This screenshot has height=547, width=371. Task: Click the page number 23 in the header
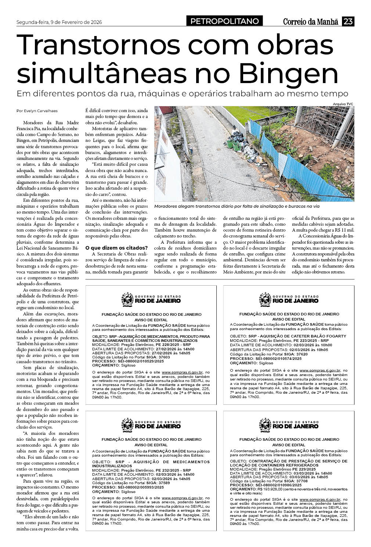[348, 22]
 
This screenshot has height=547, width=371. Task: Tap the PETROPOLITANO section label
[224, 22]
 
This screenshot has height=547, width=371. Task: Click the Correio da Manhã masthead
[310, 22]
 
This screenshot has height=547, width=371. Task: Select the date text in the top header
[59, 22]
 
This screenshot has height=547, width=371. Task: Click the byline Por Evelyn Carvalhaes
[37, 111]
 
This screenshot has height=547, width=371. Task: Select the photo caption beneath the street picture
[237, 207]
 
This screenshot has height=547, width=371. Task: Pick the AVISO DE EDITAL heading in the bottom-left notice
[151, 445]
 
